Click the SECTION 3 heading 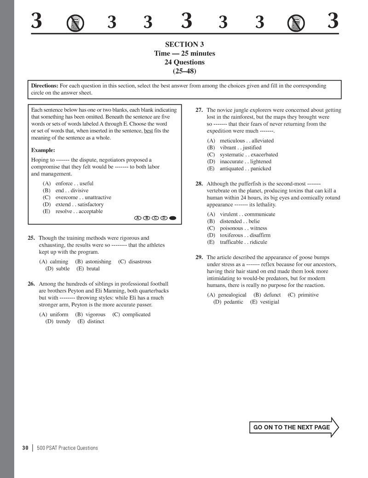tap(184, 45)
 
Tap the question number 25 tap(31, 238)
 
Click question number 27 tap(199, 110)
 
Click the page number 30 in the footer tap(25, 448)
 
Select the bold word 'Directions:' tap(45, 86)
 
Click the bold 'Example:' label tap(43, 150)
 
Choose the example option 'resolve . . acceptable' tap(79, 212)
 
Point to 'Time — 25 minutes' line tap(184, 53)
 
